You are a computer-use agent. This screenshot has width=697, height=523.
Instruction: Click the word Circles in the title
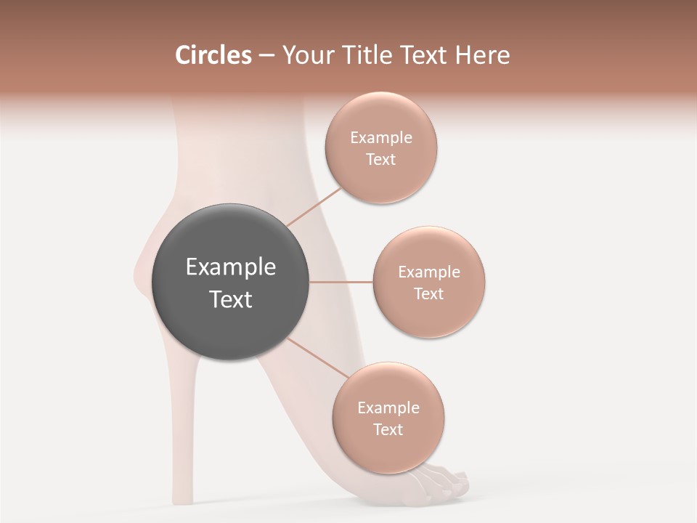[x=213, y=55]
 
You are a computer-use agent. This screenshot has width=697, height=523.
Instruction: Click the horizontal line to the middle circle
[x=341, y=282]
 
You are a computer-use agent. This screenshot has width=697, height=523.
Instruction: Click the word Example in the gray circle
[x=231, y=267]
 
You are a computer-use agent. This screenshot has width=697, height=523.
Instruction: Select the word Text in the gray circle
[x=231, y=299]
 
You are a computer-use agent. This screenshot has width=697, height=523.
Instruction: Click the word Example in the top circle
[x=381, y=138]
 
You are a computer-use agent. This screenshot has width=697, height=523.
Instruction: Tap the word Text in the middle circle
[x=428, y=293]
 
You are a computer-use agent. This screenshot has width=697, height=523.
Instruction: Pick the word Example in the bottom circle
[x=388, y=408]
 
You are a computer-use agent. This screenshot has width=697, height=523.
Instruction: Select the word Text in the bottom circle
[x=388, y=429]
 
